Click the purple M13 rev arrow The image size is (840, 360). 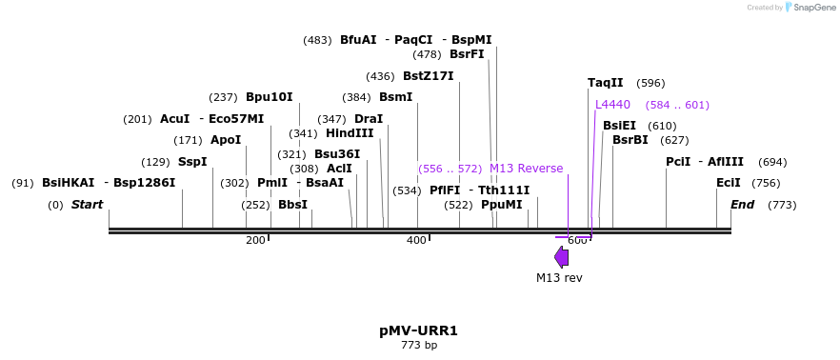[562, 256]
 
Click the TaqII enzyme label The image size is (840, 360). [606, 83]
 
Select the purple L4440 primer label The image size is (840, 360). [612, 105]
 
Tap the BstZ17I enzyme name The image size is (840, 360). [428, 76]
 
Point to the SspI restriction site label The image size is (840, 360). [192, 162]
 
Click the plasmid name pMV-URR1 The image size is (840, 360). [418, 330]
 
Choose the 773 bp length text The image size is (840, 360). [419, 345]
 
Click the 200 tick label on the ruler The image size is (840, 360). [255, 240]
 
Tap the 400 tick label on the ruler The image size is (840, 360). [416, 240]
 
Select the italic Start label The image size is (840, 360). [87, 205]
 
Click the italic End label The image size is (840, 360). [742, 205]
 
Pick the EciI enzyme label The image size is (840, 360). [729, 183]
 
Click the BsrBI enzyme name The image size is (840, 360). [630, 140]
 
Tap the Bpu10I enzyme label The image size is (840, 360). [270, 97]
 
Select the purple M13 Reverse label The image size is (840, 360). [526, 169]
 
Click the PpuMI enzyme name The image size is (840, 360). [502, 205]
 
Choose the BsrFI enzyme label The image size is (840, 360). [467, 54]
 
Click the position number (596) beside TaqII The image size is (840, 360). [650, 83]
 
